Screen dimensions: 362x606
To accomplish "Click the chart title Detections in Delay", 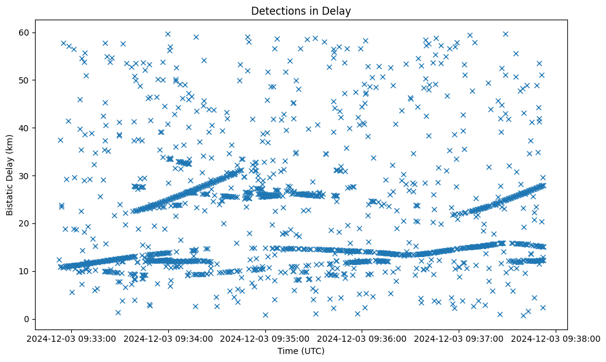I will [x=301, y=10].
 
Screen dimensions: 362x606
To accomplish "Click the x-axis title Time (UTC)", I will [x=301, y=352].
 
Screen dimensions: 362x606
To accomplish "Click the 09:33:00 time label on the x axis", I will [x=72, y=338].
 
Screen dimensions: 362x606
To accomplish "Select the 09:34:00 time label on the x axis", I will [x=169, y=338].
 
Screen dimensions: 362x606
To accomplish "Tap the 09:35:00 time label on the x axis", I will [x=265, y=338].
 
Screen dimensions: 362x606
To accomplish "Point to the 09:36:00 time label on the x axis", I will [x=362, y=338].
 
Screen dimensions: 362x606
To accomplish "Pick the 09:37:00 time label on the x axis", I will [x=459, y=338].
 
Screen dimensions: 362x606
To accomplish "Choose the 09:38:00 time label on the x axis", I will [x=556, y=338].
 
